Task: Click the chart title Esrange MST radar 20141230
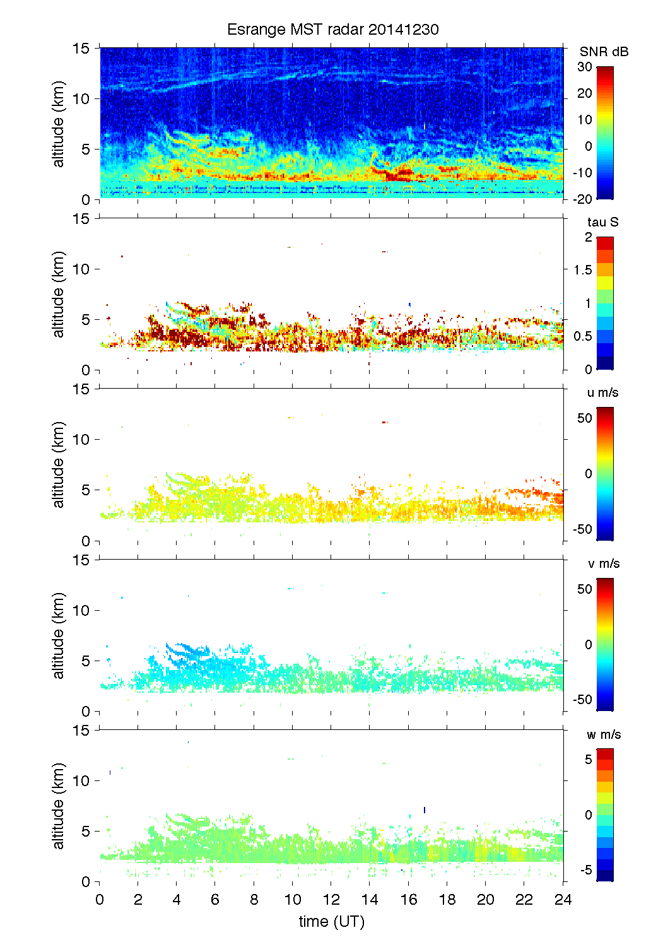pos(332,30)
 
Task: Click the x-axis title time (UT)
pos(331,921)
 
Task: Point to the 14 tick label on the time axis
pos(370,899)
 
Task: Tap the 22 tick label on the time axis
pos(524,899)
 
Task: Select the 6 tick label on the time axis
pos(215,899)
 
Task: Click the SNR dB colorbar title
pos(604,52)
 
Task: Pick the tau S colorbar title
pos(602,222)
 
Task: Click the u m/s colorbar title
pos(602,392)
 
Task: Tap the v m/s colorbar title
pos(603,563)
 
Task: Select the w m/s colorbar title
pos(604,734)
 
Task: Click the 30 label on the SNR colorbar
pos(585,67)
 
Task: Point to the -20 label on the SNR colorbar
pos(582,199)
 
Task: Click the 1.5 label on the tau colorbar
pos(583,270)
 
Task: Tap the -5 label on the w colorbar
pos(585,870)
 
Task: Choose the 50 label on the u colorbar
pos(585,418)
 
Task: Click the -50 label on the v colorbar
pos(582,699)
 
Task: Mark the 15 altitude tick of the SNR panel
pos(81,48)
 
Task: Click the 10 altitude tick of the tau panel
pos(81,269)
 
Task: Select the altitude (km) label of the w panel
pos(59,806)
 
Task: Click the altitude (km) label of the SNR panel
pos(59,124)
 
